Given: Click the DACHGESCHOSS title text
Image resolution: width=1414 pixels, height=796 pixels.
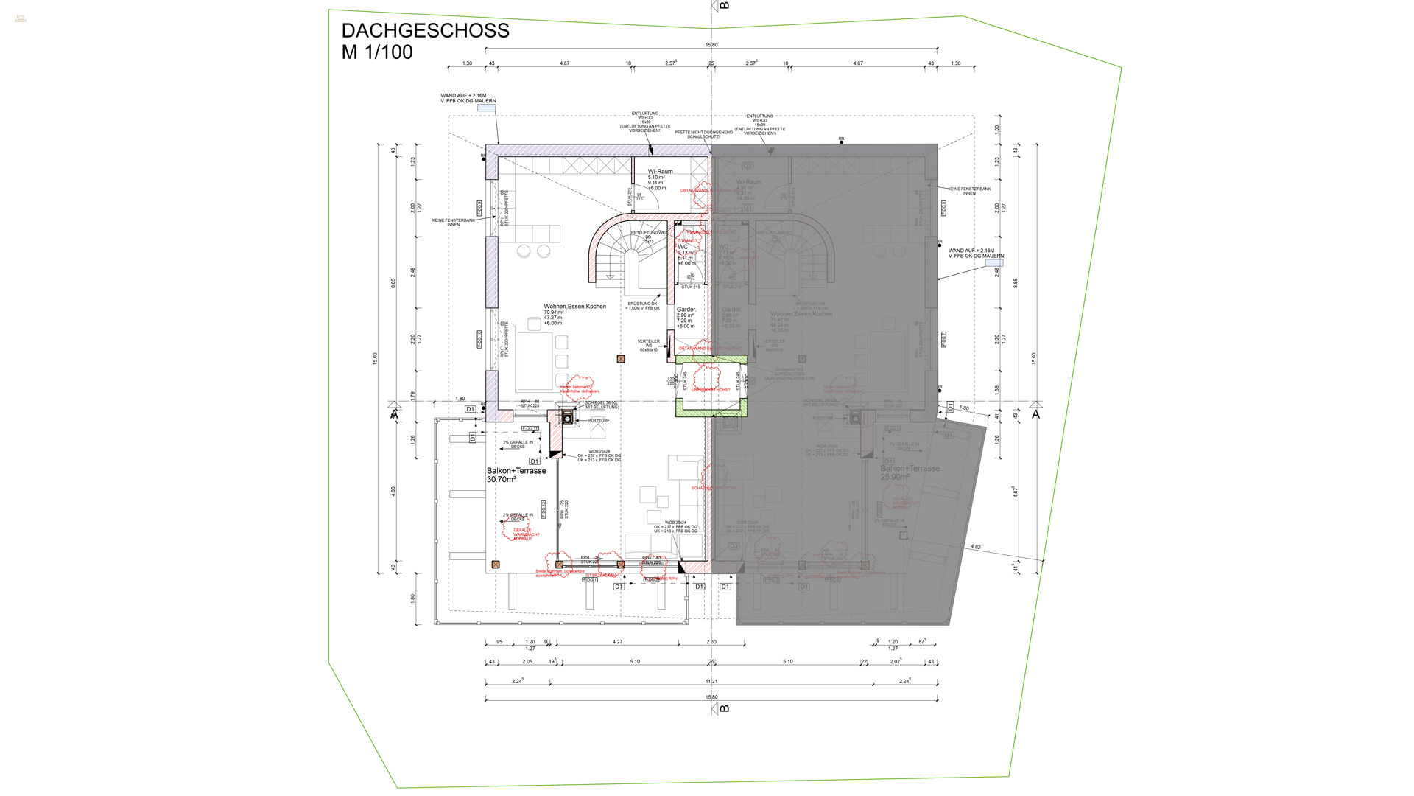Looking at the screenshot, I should [425, 31].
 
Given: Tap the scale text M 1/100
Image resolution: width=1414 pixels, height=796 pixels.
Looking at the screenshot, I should [377, 52].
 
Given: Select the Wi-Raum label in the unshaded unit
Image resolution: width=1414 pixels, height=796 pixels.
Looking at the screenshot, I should [660, 171].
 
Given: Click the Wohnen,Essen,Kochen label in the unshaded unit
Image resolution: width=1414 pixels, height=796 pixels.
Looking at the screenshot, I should [575, 307].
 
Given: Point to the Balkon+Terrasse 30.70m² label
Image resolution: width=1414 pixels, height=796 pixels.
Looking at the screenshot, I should [516, 471].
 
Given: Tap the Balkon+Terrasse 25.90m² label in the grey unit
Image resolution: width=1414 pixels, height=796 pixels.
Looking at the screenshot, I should [910, 469].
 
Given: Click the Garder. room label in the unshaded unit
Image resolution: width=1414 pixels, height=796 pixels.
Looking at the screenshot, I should [686, 310].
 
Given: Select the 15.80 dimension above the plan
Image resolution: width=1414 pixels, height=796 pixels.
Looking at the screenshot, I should [711, 45].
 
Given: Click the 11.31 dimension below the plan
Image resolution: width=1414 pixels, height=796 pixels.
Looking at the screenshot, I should [711, 682].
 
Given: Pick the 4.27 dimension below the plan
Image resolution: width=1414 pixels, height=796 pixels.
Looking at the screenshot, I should [617, 642].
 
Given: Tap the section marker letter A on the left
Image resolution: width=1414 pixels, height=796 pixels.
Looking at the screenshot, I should [394, 415].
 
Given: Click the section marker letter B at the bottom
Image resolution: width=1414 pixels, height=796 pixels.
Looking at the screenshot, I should [725, 708].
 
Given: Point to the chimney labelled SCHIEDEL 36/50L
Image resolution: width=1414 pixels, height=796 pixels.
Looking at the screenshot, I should [568, 418].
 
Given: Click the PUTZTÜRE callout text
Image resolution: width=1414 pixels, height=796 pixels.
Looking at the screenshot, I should [599, 421].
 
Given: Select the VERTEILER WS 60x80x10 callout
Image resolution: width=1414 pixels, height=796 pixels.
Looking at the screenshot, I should [649, 345].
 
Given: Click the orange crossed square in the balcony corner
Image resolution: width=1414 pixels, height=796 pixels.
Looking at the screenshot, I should [496, 565].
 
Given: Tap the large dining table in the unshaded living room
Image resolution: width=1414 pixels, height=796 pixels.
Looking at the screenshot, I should [535, 361].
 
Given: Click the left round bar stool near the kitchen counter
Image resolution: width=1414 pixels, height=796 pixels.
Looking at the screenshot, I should [524, 251].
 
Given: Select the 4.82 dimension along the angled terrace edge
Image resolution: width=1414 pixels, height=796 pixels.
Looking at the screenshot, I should [975, 547].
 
